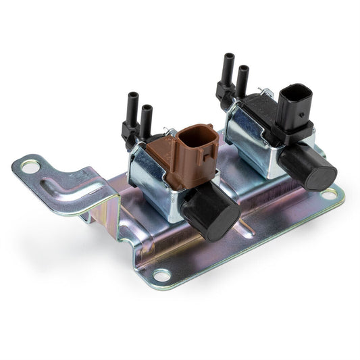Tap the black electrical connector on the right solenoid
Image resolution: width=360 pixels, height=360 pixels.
point(295,111)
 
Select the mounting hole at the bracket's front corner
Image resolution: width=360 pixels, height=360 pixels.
point(161,275)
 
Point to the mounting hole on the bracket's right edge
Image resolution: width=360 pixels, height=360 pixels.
point(329,195)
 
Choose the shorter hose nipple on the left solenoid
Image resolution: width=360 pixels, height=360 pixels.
point(146,118)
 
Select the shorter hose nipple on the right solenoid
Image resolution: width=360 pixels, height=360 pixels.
point(241,79)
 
